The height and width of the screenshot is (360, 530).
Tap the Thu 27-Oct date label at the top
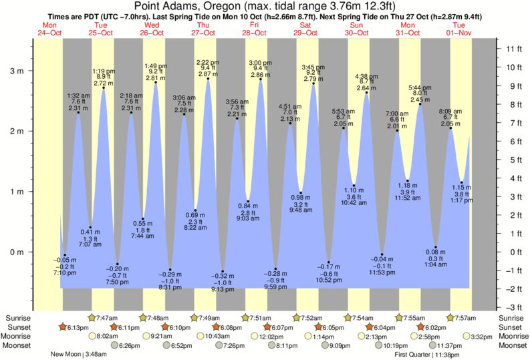[203, 29]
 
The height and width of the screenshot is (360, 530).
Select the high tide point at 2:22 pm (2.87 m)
[209, 79]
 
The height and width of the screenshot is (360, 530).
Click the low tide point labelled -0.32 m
[223, 271]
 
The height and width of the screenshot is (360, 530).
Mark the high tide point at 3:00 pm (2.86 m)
[260, 80]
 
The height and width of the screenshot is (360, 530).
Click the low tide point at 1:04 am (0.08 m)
[436, 247]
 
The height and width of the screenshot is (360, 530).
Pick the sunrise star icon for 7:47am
[92, 317]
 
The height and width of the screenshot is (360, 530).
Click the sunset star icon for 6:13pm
[63, 327]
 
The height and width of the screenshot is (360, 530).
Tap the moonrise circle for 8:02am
[92, 337]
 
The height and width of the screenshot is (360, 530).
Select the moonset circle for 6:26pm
[114, 345]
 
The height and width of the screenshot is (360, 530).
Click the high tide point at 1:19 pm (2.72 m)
[103, 89]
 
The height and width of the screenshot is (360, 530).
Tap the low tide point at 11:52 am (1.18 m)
[408, 180]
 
